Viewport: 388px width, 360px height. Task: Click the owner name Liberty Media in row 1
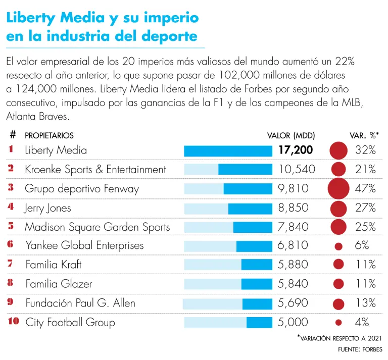pos(56,150)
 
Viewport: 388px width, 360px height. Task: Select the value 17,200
pos(296,150)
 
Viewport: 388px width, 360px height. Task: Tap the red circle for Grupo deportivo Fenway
pos(339,189)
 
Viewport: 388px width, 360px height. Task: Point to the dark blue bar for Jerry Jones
pos(250,208)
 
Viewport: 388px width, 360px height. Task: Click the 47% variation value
pos(365,189)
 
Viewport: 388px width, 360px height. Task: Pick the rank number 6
pos(11,245)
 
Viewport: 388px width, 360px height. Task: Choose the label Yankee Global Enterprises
pos(84,245)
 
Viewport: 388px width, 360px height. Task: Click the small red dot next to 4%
pos(339,322)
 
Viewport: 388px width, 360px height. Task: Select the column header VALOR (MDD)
pos(290,135)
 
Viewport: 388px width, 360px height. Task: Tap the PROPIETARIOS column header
pos(49,135)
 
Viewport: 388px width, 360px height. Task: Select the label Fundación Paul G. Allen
pos(80,303)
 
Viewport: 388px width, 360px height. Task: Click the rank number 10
pos(13,322)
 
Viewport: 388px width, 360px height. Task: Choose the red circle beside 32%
pos(339,150)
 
